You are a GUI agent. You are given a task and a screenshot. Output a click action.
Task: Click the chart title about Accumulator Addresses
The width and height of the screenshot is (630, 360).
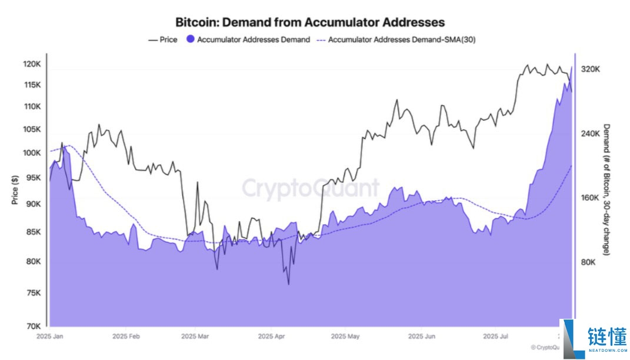310,22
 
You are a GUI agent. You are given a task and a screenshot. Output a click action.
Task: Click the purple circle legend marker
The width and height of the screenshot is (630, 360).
190,40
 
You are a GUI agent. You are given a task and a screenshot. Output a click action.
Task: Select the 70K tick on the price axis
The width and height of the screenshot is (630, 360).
33,325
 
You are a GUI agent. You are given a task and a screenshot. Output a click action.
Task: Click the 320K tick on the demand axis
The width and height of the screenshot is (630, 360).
590,69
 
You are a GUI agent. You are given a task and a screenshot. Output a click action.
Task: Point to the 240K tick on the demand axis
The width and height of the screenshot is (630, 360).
590,134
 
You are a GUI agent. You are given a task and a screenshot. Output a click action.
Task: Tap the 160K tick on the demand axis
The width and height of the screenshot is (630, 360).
590,198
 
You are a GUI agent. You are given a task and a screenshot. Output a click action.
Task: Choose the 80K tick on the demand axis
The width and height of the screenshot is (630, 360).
589,262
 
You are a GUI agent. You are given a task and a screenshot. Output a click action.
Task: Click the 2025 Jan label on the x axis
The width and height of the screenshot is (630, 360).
51,337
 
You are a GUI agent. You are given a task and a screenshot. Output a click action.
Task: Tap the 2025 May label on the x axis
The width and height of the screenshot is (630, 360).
345,337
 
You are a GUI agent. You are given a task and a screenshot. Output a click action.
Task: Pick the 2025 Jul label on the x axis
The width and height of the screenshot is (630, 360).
495,337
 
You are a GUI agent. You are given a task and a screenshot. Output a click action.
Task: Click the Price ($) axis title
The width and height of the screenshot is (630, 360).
15,190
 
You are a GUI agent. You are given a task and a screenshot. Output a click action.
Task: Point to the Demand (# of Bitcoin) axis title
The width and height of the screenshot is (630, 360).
607,189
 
